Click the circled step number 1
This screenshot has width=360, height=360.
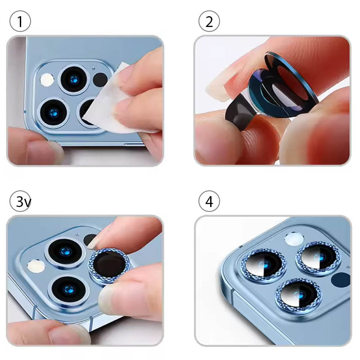[20, 21]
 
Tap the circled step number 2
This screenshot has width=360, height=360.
[209, 21]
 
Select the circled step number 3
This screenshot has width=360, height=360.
[20, 201]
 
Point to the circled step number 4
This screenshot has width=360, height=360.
[209, 201]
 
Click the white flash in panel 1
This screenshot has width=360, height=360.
[47, 80]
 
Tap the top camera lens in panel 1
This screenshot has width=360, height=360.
[74, 80]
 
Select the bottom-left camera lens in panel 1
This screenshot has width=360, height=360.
[54, 113]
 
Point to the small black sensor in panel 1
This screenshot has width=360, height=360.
[100, 80]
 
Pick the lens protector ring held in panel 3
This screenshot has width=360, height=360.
[109, 265]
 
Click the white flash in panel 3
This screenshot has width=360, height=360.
[36, 266]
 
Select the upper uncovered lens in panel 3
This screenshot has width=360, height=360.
[65, 251]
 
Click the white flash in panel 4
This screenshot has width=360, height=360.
[294, 239]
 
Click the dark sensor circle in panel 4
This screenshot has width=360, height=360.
[341, 279]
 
